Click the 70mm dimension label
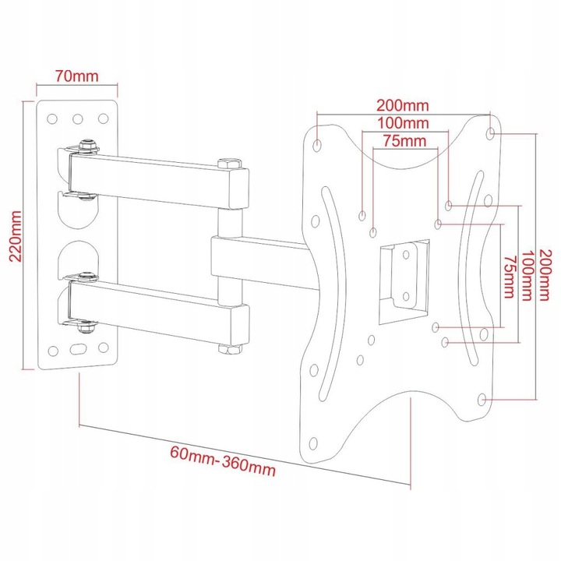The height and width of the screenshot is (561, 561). [x=76, y=76]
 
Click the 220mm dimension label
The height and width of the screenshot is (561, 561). [x=16, y=236]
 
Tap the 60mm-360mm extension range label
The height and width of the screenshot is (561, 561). [x=223, y=461]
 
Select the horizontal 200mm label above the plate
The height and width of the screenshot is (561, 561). [x=403, y=105]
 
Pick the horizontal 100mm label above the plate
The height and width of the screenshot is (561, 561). [x=404, y=123]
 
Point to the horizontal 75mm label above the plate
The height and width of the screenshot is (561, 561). [x=404, y=141]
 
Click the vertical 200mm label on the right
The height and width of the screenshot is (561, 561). [x=544, y=275]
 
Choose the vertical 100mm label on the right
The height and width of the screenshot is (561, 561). [x=527, y=276]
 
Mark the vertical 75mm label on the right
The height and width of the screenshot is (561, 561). [x=509, y=277]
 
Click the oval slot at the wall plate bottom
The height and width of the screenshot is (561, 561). [x=78, y=349]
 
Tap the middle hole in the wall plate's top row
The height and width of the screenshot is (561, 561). [x=78, y=118]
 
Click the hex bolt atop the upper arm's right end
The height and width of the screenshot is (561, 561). [x=229, y=164]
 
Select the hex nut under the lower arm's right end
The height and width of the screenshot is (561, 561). [x=230, y=349]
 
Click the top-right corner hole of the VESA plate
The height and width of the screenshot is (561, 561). [x=491, y=133]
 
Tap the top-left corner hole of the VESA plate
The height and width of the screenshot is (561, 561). [x=317, y=145]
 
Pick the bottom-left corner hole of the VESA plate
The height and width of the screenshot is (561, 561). [x=313, y=443]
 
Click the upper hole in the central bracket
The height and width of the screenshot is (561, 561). [x=406, y=255]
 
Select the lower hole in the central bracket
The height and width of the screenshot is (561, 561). [x=406, y=296]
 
